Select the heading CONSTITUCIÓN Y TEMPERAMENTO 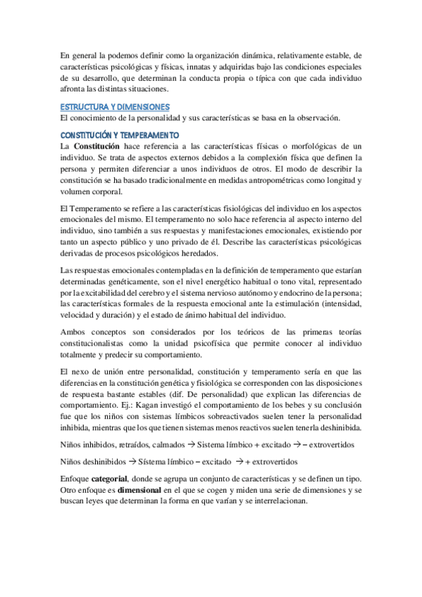pyautogui.click(x=120, y=134)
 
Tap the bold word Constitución pyautogui.click(x=96, y=145)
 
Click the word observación pyautogui.click(x=316, y=118)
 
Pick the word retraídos pyautogui.click(x=127, y=446)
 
